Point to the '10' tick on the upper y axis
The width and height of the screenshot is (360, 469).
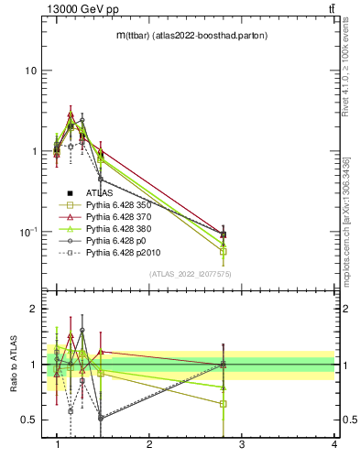30,71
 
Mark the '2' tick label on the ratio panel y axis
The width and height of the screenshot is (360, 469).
33,310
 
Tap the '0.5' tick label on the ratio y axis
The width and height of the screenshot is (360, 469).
29,420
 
